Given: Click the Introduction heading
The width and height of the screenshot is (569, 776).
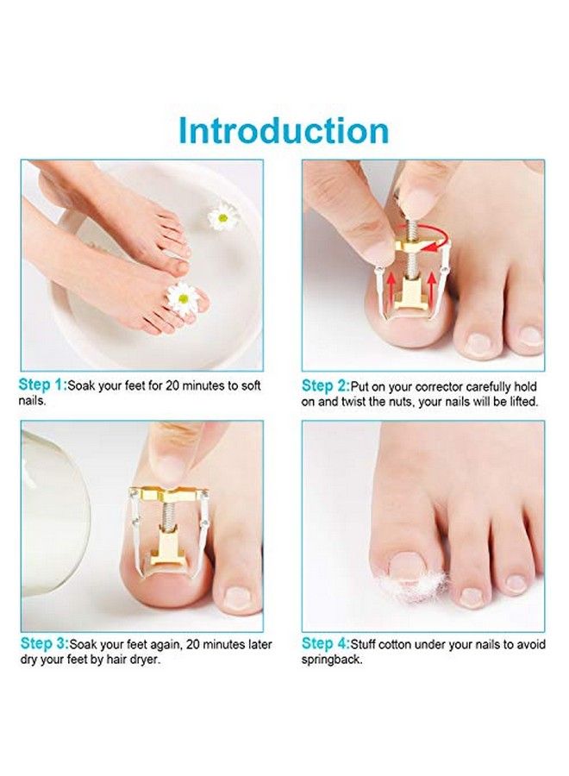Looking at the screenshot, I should pos(284,131).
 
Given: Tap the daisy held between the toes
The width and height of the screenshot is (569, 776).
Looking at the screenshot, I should pos(182,297).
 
